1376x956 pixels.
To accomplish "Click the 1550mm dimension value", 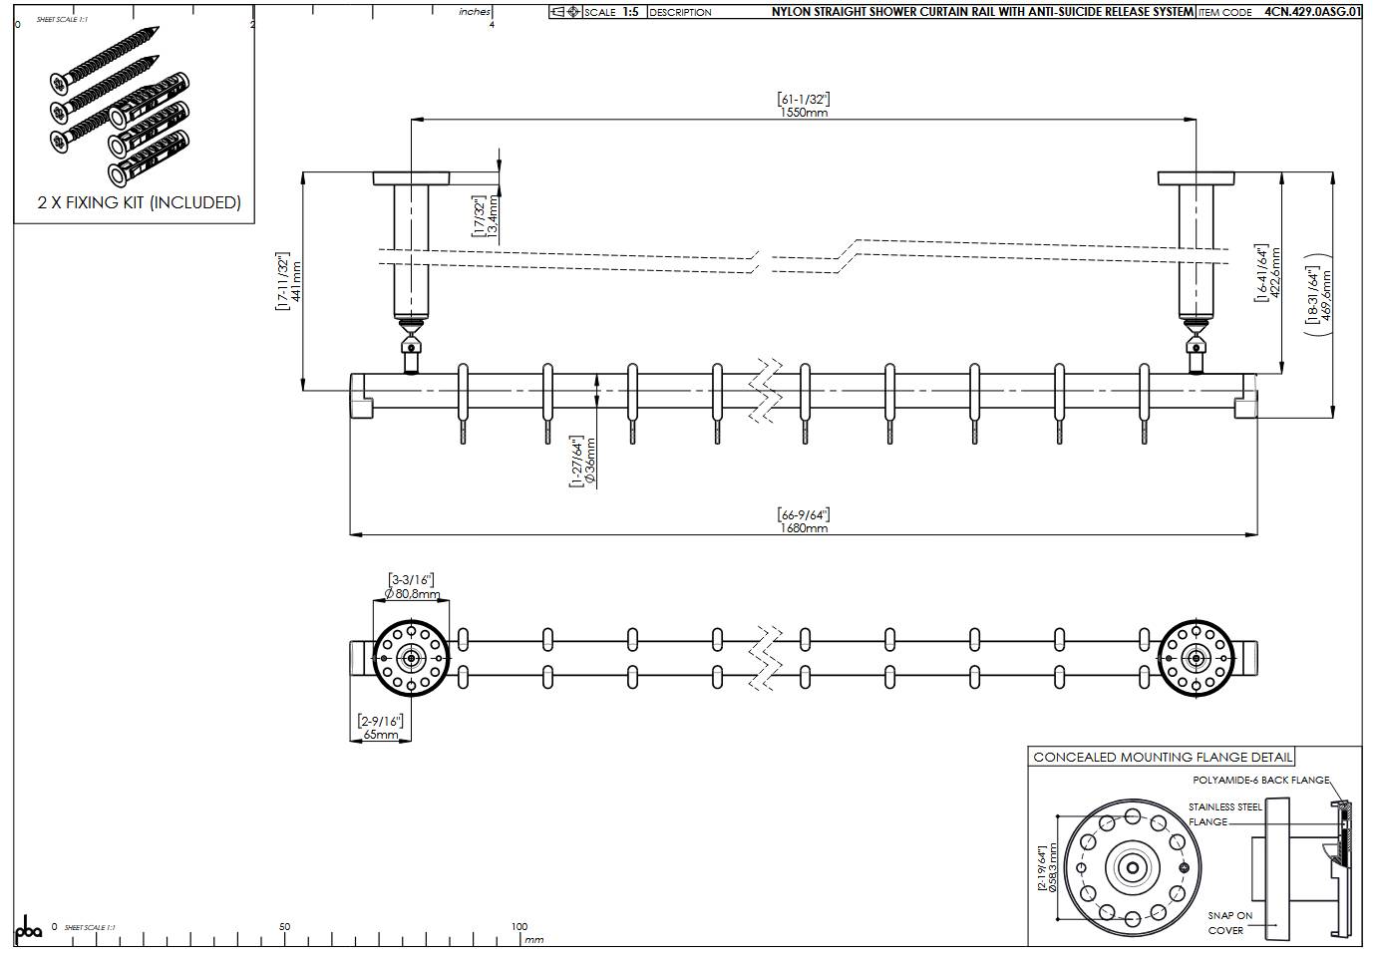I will pos(804,113).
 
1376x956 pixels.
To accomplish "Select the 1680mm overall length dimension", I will pos(804,528).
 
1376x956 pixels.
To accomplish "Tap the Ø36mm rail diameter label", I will pos(590,460).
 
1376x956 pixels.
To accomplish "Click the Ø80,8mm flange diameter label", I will pos(411,594).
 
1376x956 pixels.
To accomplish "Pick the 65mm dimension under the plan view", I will pos(380,735).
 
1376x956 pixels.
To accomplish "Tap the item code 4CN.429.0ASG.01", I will pos(1312,13).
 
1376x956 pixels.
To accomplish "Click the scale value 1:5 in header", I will pos(630,12).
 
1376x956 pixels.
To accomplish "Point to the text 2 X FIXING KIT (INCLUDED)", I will pos(140,202).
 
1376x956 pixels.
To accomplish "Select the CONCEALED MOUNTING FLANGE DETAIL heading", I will pos(1163,758).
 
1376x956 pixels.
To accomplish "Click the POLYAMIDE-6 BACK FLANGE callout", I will pos(1260,780).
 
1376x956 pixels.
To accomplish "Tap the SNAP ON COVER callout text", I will pos(1229,922).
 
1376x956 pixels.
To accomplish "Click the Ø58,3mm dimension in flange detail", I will pos(1053,867).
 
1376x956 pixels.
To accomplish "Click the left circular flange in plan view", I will pos(411,658).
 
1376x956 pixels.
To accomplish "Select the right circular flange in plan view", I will pos(1197,658).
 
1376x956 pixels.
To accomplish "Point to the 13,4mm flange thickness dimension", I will pos(493,216).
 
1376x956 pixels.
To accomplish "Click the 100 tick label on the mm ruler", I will pos(519,926).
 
